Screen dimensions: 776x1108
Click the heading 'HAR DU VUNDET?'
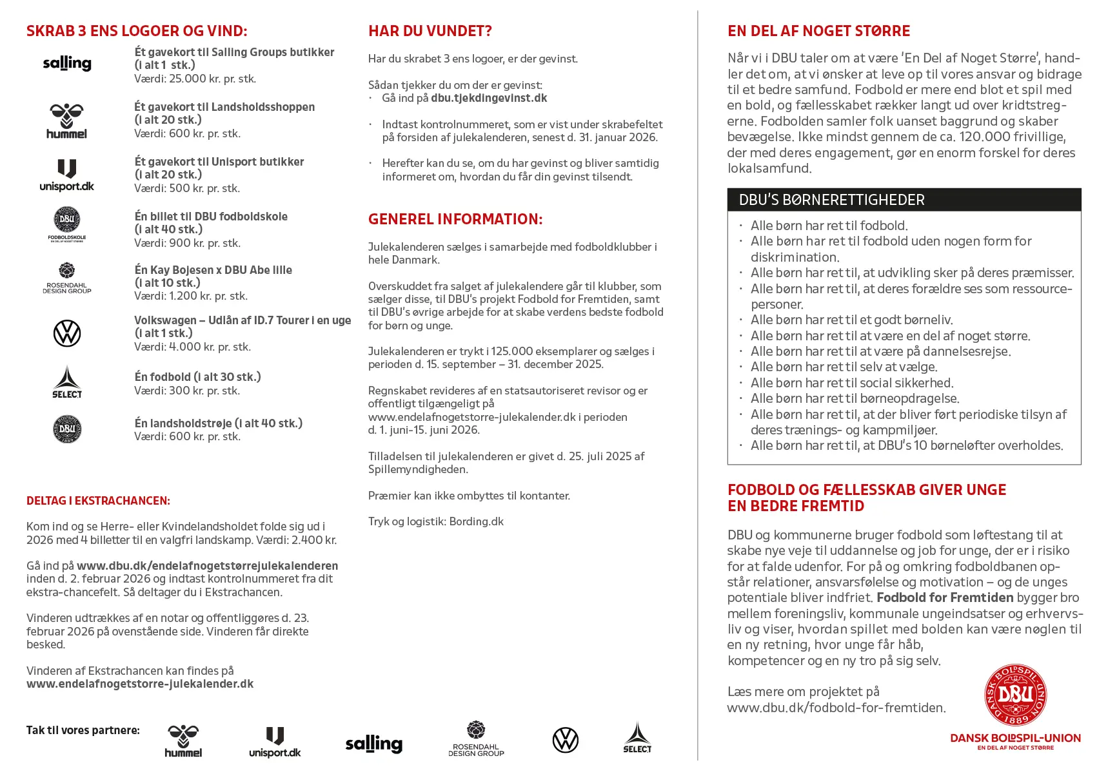coord(430,31)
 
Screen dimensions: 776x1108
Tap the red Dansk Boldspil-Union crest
coord(1015,695)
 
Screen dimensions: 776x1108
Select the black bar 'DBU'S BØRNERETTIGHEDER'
coord(904,200)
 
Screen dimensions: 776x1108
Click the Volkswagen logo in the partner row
coord(566,740)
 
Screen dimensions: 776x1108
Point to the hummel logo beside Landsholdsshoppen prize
coord(66,121)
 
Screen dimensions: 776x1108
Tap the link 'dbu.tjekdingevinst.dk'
coord(489,98)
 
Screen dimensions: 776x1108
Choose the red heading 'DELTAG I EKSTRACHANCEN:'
coord(98,501)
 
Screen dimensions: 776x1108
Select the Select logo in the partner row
coord(637,738)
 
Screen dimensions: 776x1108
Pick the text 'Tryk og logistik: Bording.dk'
coord(435,521)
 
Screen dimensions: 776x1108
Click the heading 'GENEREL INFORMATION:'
coord(455,219)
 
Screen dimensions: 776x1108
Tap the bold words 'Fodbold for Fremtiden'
coord(945,597)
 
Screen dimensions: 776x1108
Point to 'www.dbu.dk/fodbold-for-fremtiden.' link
coord(836,708)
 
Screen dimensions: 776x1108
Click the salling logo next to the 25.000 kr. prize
coord(67,63)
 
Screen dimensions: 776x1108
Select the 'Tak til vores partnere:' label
coord(83,730)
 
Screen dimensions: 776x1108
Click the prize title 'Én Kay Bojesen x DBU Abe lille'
coord(213,270)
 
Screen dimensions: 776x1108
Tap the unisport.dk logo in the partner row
coord(275,742)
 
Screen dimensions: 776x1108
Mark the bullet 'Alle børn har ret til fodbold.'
coord(829,226)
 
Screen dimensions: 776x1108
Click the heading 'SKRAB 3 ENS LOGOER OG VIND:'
coord(137,31)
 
